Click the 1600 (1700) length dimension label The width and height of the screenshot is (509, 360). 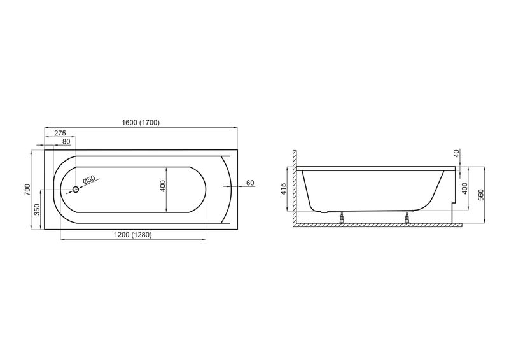click(x=141, y=123)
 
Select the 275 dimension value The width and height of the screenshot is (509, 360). click(x=60, y=133)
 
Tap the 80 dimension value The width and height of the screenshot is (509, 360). click(x=66, y=142)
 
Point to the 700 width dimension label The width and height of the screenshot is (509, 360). click(x=27, y=190)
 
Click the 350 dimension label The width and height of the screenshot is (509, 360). click(x=37, y=209)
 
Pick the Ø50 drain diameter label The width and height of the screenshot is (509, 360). click(x=88, y=179)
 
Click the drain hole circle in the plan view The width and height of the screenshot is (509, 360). click(x=76, y=190)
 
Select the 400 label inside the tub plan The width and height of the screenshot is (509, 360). click(x=163, y=185)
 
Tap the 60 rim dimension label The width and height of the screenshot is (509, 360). click(x=250, y=183)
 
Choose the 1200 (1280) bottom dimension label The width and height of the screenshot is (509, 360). click(x=133, y=235)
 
